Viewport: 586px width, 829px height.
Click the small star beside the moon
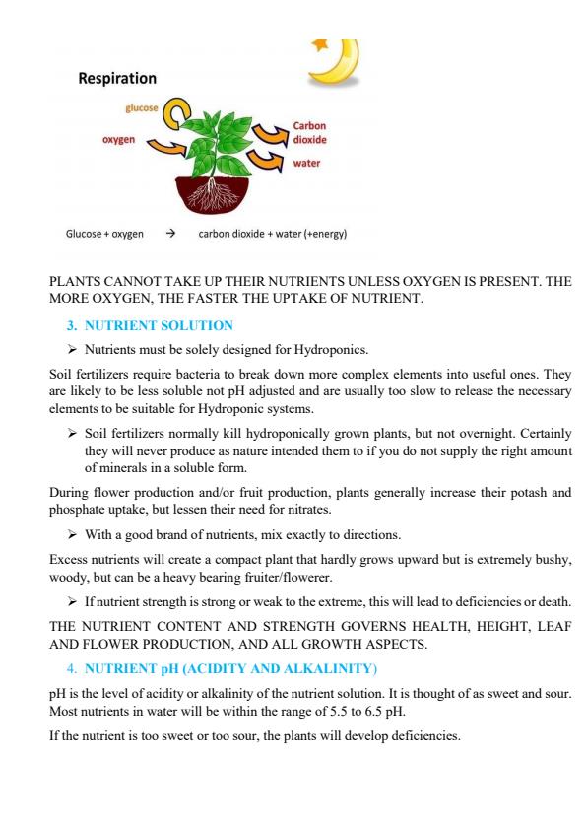tap(320, 44)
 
